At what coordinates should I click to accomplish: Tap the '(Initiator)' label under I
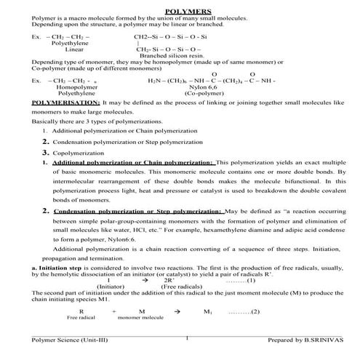[x=111, y=287]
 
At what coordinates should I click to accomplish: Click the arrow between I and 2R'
[x=145, y=280]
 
